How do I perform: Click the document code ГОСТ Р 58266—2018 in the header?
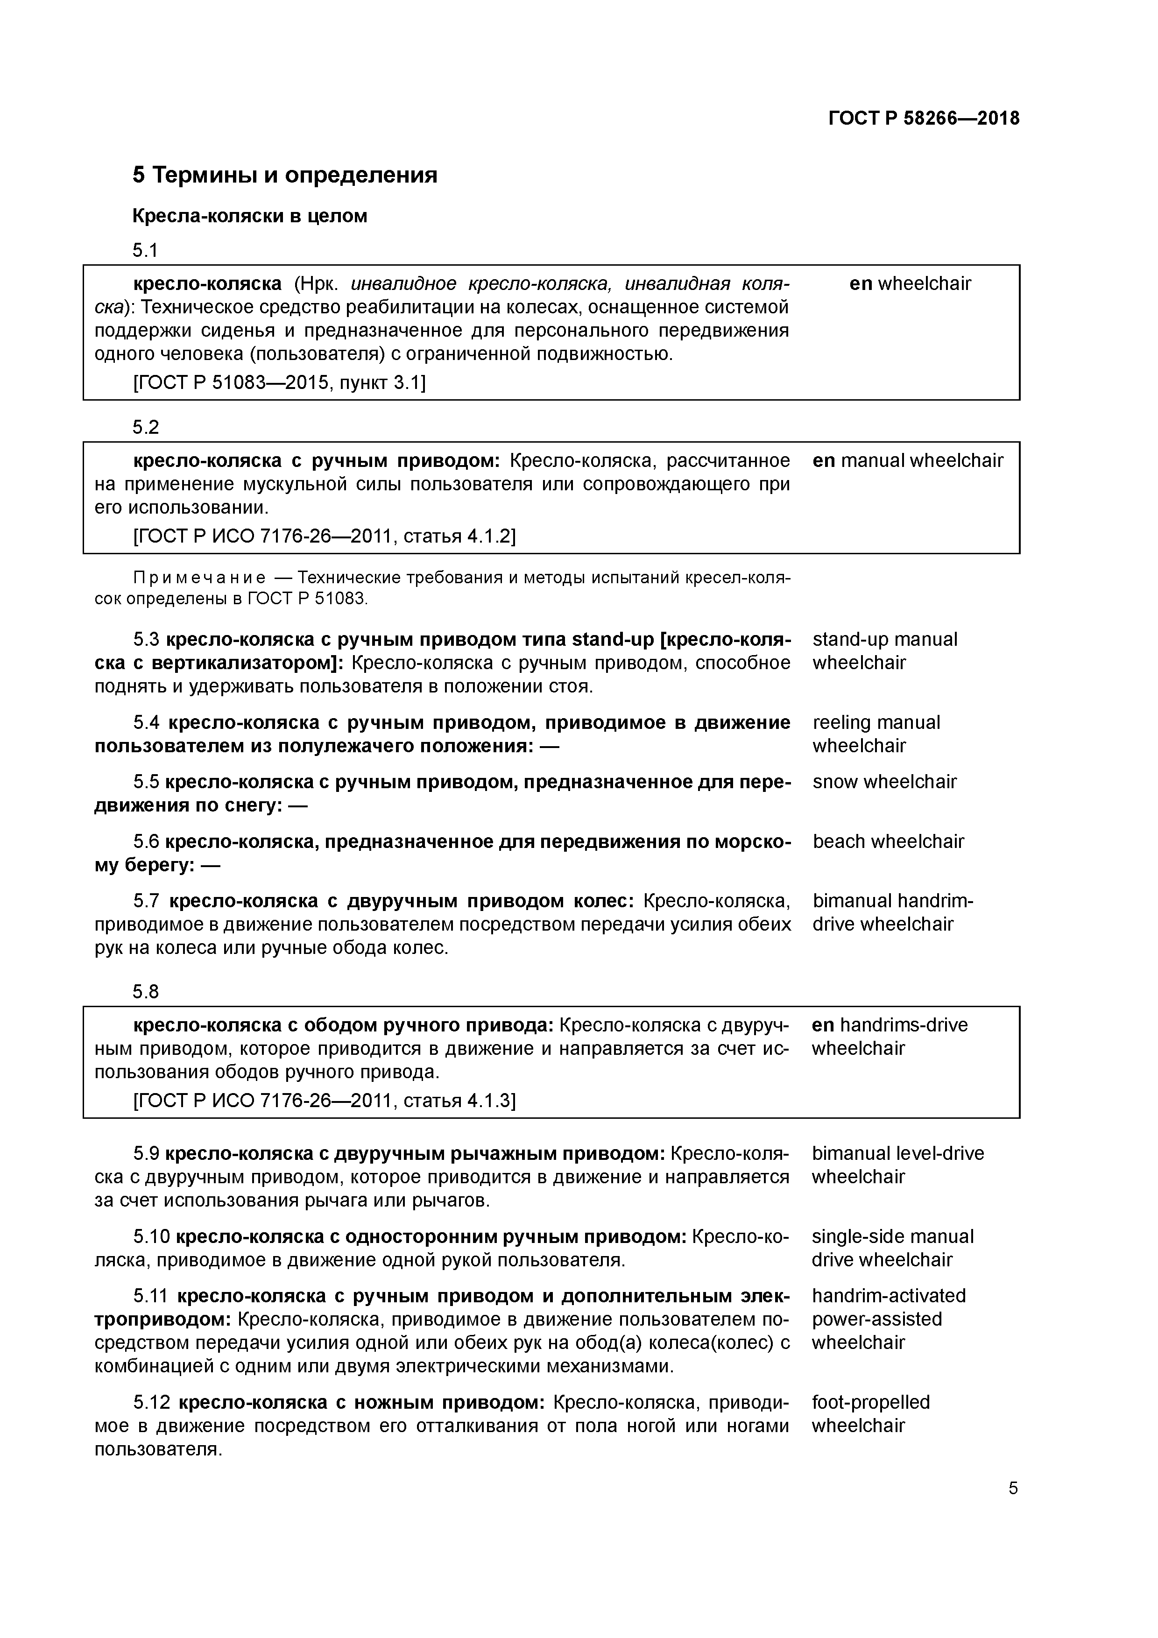point(923,119)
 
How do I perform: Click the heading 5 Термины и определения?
point(285,175)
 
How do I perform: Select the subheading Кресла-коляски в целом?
point(250,216)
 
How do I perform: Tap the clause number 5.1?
point(146,250)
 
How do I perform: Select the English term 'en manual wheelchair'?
point(908,461)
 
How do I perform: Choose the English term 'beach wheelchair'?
point(888,842)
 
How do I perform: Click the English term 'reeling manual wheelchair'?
point(876,734)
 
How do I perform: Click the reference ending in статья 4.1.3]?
point(324,1100)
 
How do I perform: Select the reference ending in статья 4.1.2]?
point(324,536)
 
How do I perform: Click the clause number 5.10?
point(151,1236)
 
